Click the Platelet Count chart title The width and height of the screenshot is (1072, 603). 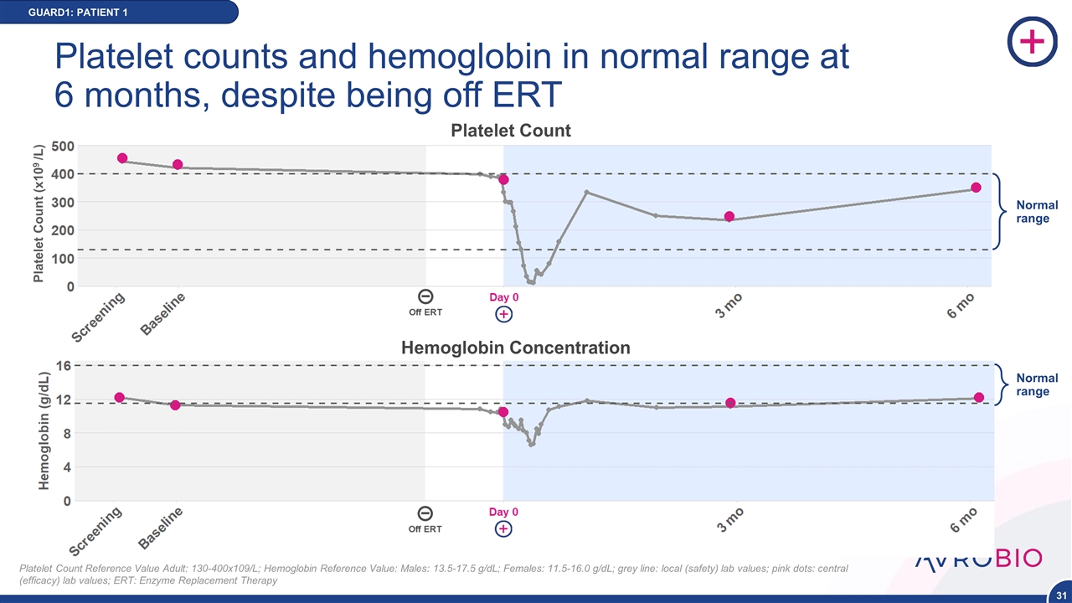[511, 131]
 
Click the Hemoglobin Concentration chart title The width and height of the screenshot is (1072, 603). [516, 348]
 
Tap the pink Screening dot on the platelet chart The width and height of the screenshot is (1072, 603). [122, 158]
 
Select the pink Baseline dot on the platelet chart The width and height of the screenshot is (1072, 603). [178, 165]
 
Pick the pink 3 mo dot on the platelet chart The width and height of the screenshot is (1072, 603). [729, 217]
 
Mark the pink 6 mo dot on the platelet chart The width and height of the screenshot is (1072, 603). [976, 188]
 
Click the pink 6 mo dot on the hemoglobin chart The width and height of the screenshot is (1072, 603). [978, 397]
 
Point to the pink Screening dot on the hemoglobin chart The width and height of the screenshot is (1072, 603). [120, 397]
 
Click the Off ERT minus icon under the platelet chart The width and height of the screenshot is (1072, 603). [425, 296]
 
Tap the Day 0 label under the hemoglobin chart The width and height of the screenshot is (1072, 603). [503, 512]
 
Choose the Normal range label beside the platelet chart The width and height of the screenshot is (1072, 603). [1037, 212]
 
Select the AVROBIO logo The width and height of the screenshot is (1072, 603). [978, 559]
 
